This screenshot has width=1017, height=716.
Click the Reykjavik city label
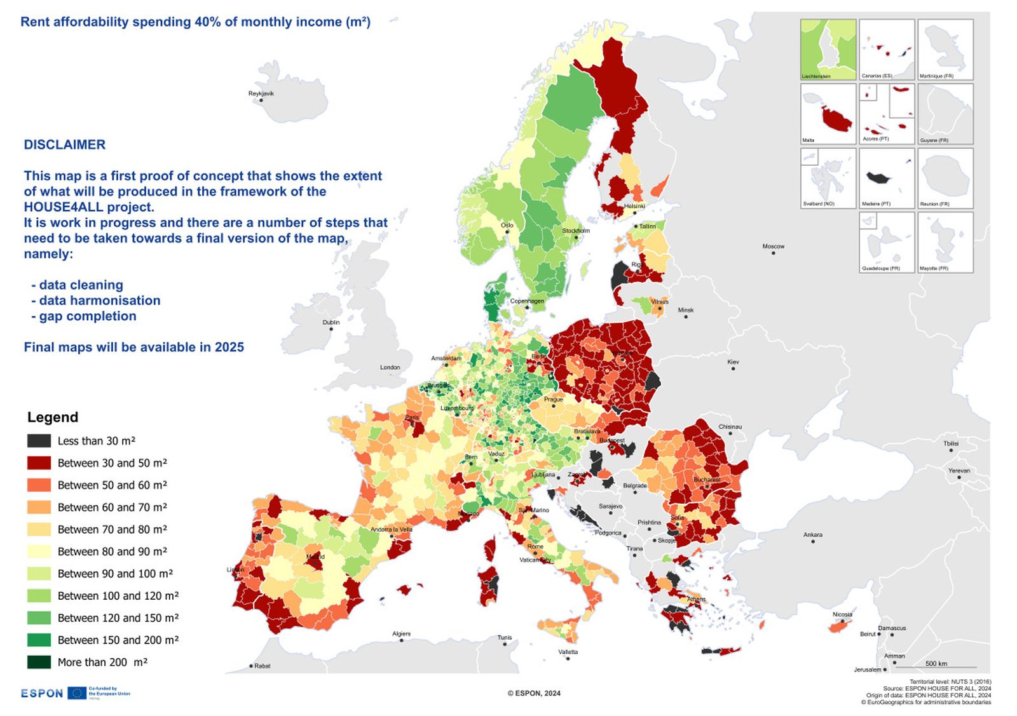261,93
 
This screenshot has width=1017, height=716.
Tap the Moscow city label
773,247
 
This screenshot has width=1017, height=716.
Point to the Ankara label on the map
812,535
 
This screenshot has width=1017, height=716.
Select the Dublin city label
331,322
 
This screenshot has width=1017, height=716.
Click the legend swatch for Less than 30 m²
39,441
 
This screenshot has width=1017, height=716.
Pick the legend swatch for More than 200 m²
39,662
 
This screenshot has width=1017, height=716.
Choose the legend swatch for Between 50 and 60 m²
39,485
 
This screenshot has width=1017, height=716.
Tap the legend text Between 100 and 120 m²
118,596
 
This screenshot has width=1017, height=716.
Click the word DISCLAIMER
65,145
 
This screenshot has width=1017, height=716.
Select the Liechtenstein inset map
828,49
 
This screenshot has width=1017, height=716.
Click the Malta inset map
828,114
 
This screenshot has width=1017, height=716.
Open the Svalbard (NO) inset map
828,178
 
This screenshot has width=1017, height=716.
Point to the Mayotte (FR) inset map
945,242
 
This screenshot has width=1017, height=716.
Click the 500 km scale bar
936,666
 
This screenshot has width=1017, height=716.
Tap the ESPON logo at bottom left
42,693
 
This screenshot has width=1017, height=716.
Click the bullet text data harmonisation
99,301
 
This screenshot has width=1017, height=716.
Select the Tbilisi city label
950,443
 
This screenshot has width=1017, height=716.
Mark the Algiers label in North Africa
401,633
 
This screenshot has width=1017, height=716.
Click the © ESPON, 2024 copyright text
534,693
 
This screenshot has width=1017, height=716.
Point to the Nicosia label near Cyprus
842,614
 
